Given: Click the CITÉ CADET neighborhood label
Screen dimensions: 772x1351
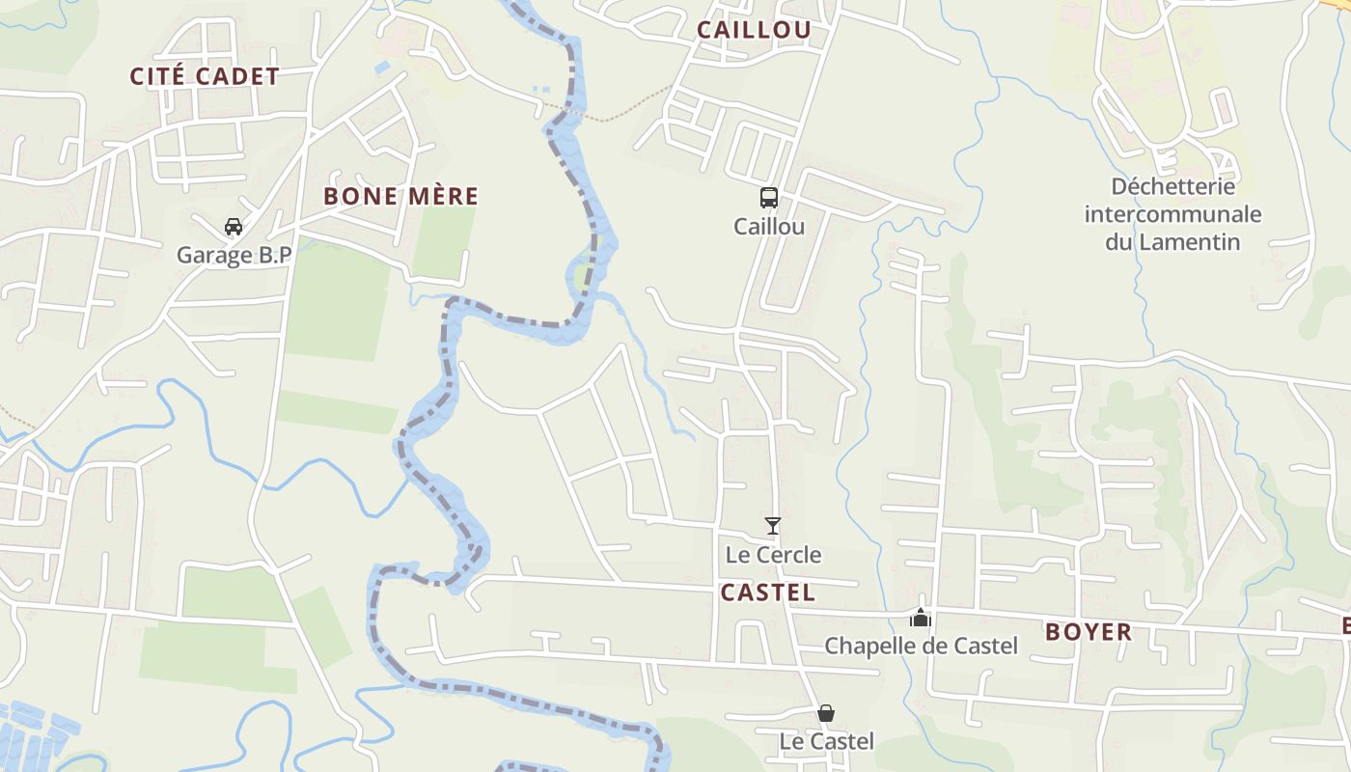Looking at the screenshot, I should tap(205, 76).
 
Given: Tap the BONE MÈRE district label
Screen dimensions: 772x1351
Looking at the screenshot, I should tap(400, 196).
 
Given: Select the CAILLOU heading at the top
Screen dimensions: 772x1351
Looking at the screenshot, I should tap(754, 30).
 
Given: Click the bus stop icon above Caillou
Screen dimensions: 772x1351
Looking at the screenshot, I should tap(769, 198).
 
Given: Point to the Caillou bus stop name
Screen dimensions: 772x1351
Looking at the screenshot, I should tap(769, 227).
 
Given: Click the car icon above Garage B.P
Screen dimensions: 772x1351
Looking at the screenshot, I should tap(233, 227).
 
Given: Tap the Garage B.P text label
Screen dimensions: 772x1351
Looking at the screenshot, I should tap(234, 256).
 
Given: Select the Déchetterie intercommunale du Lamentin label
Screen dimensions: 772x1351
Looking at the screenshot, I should tap(1172, 213).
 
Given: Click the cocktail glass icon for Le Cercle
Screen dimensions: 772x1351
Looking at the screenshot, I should tap(772, 526).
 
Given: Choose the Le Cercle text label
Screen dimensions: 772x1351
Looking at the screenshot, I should tap(773, 555).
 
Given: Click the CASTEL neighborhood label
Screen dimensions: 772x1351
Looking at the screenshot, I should tap(767, 593).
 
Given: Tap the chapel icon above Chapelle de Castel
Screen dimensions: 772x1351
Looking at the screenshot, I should tap(921, 617).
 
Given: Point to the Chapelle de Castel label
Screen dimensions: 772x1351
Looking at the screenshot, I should tap(921, 646).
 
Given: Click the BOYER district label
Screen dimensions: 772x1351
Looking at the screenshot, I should tap(1089, 632).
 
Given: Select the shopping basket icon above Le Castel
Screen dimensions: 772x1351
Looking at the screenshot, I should tap(826, 713).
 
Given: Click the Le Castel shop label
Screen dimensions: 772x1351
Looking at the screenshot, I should tap(827, 741).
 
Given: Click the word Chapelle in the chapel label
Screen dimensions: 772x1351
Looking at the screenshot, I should tap(866, 646).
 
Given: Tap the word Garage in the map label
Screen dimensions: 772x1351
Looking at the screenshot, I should tap(209, 256).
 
